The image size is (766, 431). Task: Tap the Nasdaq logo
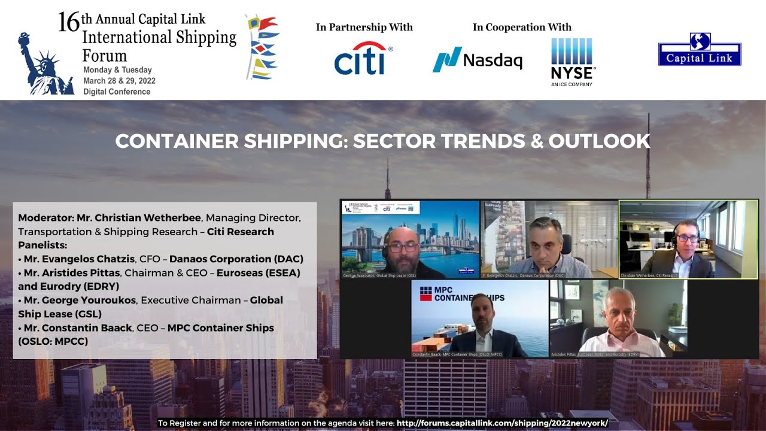click(477, 59)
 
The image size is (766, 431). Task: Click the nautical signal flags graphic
click(262, 47)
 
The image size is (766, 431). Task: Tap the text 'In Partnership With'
click(364, 27)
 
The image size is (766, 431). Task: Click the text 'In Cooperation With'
click(522, 27)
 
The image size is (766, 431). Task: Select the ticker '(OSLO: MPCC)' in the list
click(53, 341)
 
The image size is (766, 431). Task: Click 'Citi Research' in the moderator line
click(240, 232)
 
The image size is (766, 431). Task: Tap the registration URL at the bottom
click(502, 423)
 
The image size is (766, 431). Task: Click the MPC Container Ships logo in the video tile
click(461, 293)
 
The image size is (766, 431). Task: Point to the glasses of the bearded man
click(402, 246)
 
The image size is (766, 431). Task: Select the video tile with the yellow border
click(688, 239)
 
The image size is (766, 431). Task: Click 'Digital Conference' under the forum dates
click(117, 92)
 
